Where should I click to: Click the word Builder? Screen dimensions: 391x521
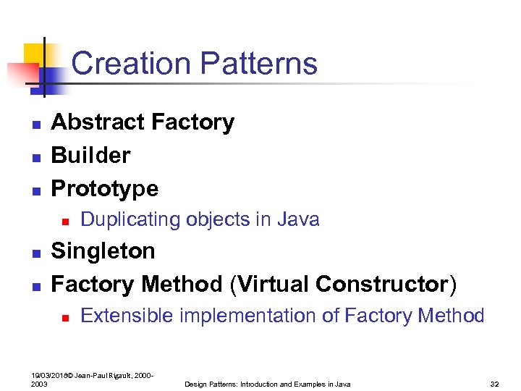coord(90,155)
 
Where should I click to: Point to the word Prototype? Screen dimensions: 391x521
coord(104,188)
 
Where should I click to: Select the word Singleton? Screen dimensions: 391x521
coord(103,251)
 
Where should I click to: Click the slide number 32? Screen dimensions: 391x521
coord(495,384)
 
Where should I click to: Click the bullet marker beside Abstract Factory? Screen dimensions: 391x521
coord(35,124)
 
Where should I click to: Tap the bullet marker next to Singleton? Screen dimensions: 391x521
coord(35,253)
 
